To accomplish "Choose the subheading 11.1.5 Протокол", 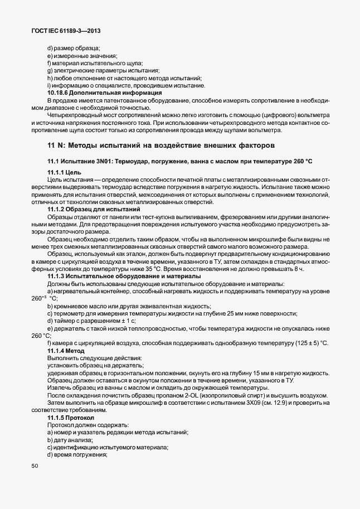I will point(71,417).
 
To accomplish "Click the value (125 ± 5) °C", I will point(308,342).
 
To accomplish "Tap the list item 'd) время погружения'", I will point(77,455).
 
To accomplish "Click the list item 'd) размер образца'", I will point(73,49).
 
